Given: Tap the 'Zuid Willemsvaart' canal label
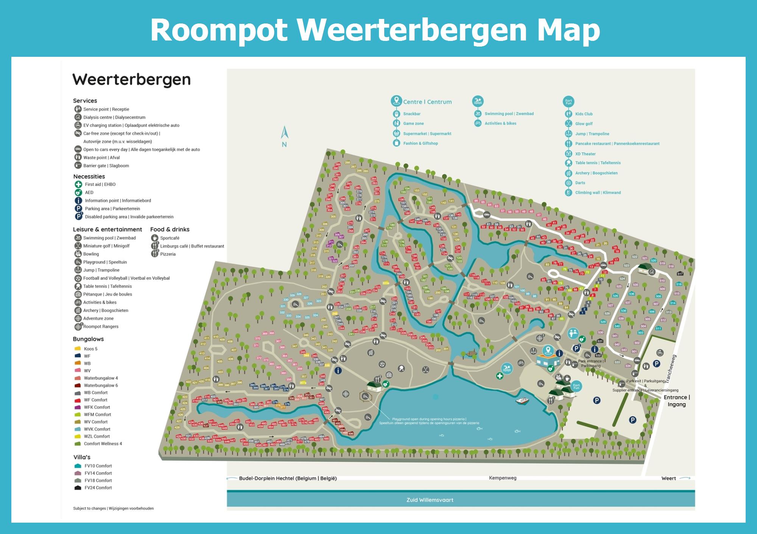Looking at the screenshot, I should click(430, 500).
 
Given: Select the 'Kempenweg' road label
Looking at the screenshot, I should click(502, 478).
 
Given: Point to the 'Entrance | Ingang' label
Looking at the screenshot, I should click(677, 401).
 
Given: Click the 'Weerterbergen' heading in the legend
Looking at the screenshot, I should click(131, 80).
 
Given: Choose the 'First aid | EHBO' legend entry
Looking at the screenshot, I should click(100, 184).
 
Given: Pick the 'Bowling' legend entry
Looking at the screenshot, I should click(91, 254).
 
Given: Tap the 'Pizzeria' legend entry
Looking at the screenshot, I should click(168, 254).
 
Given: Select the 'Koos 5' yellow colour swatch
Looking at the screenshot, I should click(78, 349).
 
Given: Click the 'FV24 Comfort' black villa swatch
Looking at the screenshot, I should click(78, 488).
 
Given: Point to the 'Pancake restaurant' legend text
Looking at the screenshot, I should click(617, 144).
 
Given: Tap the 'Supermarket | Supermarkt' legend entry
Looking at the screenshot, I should click(427, 134).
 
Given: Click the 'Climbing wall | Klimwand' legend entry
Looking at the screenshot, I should click(598, 193).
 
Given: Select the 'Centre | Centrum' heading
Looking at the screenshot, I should click(427, 102).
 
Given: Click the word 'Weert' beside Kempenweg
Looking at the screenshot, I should click(668, 478).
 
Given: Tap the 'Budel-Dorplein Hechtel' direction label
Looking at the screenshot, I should click(288, 478).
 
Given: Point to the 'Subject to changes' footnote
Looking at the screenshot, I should click(113, 509).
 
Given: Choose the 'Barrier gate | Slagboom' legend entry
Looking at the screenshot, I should click(106, 166).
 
